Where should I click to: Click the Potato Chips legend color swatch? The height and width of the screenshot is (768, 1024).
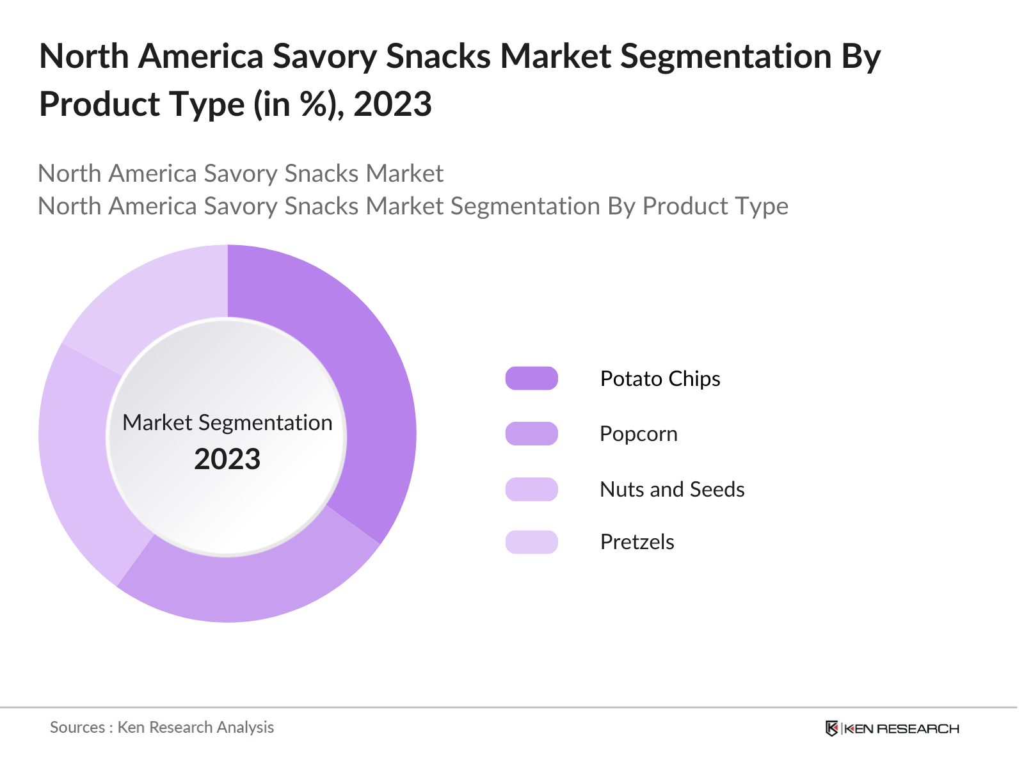(531, 378)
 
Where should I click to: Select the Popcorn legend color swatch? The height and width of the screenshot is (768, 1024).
(531, 433)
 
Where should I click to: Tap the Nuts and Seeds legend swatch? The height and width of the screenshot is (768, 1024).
(531, 489)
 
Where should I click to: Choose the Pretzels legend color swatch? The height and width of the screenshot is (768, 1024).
(531, 542)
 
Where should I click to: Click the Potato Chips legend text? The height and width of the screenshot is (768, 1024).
(660, 379)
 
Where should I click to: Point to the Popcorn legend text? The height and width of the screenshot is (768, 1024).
(638, 434)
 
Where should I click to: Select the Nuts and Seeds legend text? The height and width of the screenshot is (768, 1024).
(672, 490)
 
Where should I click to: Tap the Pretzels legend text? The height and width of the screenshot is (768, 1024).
(637, 542)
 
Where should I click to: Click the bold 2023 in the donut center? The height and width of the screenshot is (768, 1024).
(227, 460)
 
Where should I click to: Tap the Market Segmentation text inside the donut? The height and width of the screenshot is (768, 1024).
(227, 422)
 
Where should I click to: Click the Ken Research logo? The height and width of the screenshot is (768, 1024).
(892, 728)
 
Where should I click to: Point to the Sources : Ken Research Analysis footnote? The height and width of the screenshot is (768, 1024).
(162, 727)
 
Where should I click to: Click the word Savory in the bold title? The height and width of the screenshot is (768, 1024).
(325, 56)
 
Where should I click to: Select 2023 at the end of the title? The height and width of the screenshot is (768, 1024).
(392, 104)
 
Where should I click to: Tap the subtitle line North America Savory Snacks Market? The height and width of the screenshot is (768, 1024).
(241, 173)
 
